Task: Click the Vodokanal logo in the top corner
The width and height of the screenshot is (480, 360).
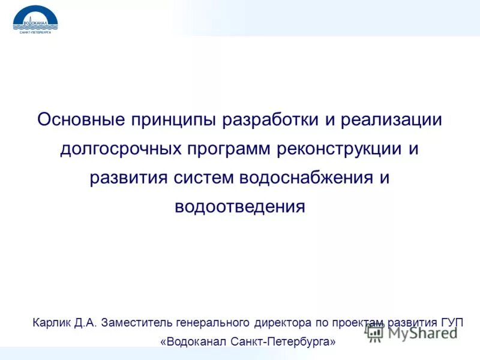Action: click(x=35, y=20)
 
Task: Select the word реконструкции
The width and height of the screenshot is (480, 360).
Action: click(x=339, y=148)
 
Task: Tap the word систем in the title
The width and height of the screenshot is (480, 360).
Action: click(x=204, y=178)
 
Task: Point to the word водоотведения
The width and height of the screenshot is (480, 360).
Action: click(x=240, y=206)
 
